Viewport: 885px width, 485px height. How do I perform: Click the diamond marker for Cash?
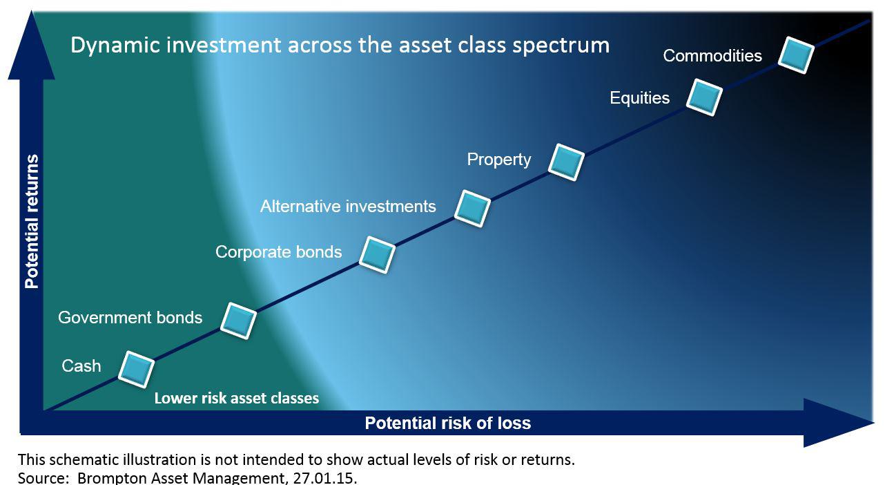(136, 369)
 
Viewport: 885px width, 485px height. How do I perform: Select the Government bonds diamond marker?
(238, 321)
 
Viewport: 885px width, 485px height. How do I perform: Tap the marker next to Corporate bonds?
(377, 254)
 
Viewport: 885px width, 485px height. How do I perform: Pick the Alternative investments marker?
(472, 209)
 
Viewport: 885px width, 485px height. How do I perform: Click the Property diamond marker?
(566, 162)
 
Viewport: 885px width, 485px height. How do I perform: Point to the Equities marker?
(704, 97)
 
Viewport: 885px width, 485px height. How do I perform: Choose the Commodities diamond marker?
(796, 55)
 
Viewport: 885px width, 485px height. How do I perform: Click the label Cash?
(81, 366)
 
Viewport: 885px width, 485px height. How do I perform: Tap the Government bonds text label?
(130, 318)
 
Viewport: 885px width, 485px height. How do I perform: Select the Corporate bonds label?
(278, 252)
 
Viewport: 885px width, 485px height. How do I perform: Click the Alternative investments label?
(348, 207)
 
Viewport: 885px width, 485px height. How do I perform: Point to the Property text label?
(499, 160)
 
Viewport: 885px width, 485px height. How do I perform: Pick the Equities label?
(640, 98)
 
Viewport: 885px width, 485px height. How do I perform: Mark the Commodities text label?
(712, 56)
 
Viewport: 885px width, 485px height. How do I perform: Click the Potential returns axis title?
(32, 221)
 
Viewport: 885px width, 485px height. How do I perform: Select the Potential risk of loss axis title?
(447, 424)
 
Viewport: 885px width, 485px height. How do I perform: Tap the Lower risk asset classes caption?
(237, 399)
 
